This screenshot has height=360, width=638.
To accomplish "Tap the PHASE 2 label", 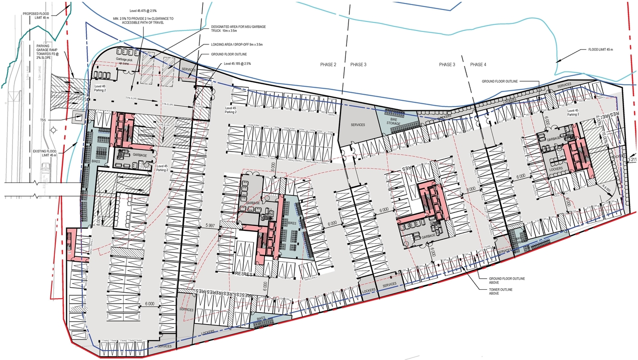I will (x=328, y=65).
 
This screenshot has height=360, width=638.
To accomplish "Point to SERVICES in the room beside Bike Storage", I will (x=358, y=125).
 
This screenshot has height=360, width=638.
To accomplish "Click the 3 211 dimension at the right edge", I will (x=632, y=160).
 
